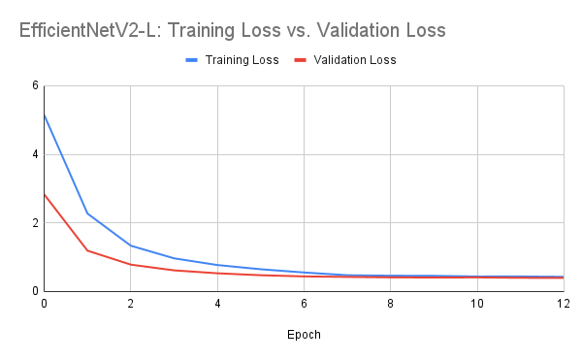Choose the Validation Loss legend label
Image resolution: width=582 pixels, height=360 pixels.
tap(354, 60)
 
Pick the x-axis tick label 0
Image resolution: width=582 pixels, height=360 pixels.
tap(44, 305)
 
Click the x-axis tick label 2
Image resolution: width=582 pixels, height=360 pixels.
tap(130, 305)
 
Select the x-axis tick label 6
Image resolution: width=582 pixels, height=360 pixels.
tap(304, 305)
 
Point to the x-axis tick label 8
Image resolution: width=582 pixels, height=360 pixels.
tap(390, 305)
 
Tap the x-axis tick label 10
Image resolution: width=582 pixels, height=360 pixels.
tap(476, 305)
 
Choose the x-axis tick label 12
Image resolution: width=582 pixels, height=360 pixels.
tap(563, 305)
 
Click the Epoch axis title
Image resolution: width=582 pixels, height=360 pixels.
tap(304, 335)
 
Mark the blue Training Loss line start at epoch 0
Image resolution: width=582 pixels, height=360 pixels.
tap(44, 115)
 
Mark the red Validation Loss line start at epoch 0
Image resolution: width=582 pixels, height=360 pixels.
tap(44, 194)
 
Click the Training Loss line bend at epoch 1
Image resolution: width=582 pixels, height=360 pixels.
tap(87, 213)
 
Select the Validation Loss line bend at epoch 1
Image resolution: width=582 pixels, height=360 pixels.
tap(87, 250)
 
